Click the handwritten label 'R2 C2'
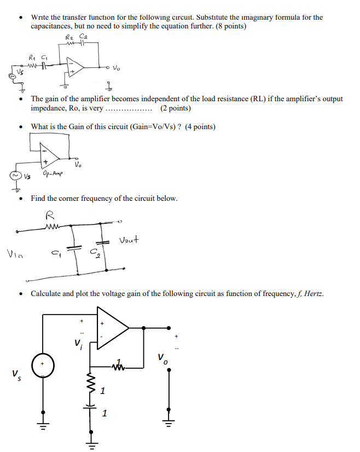[x=76, y=37]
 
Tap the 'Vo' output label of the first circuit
[x=116, y=68]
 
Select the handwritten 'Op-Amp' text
[x=52, y=174]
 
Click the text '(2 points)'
[x=176, y=108]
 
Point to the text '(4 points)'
[x=200, y=127]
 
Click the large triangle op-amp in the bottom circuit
[x=112, y=328]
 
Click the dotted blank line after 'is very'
[x=129, y=108]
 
